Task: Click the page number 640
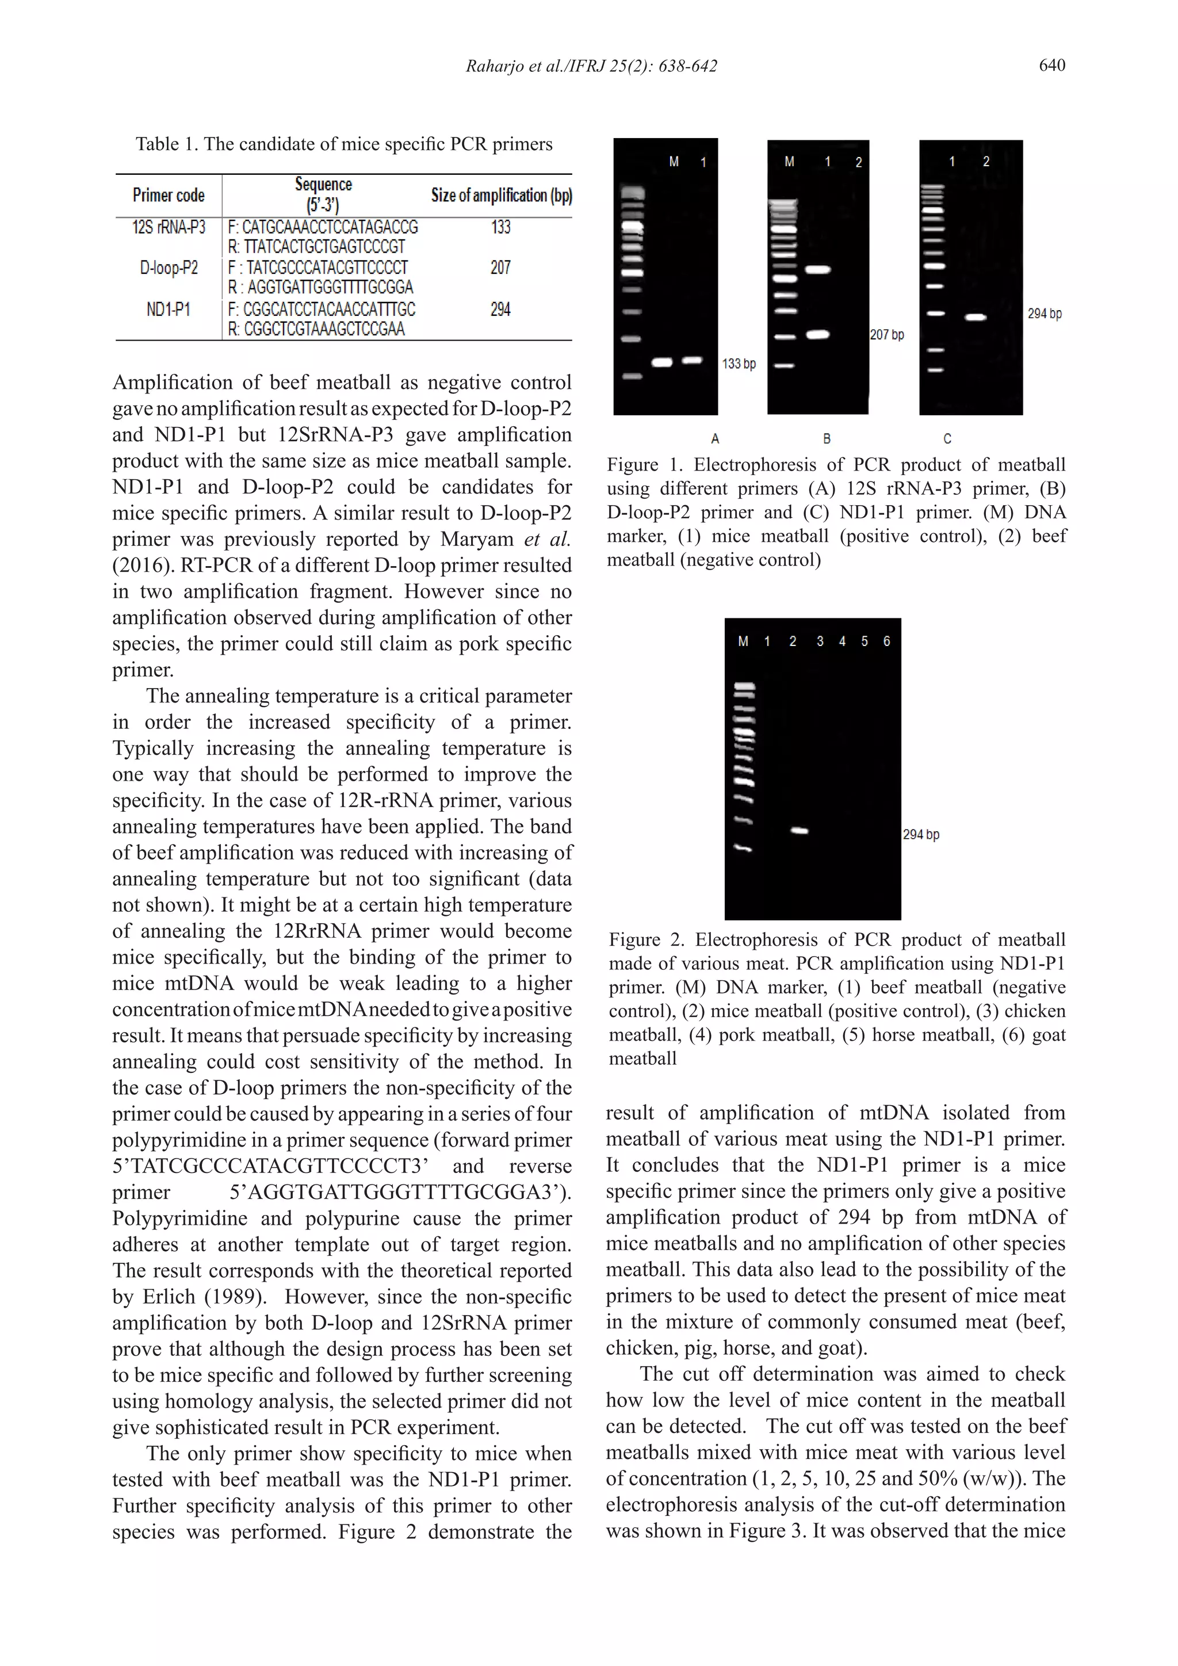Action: coord(1051,66)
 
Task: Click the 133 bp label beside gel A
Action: coord(739,364)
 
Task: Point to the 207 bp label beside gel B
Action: coord(886,335)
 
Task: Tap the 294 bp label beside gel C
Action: coord(1044,314)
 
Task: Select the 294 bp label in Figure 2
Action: coord(920,835)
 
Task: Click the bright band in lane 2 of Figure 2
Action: coord(798,831)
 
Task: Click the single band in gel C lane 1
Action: coord(975,317)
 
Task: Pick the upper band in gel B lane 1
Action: coord(817,270)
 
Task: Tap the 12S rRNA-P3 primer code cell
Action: coord(169,228)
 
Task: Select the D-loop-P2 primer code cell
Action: coord(169,268)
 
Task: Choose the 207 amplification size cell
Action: coord(500,268)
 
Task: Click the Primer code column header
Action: coord(169,195)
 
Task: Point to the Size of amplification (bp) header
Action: coord(501,195)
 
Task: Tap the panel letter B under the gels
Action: coord(826,439)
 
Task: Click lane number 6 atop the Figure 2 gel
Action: coord(886,641)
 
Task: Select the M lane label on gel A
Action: coord(674,163)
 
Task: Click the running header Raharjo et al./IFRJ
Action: coord(591,66)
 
